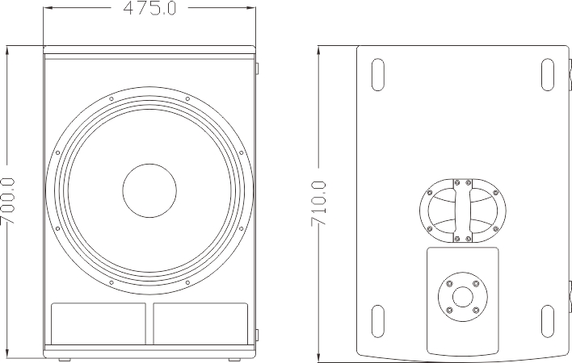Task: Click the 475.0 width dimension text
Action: [x=149, y=9]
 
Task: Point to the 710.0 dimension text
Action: [x=319, y=202]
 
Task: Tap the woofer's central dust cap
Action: [x=149, y=191]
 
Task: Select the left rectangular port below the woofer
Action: [x=99, y=322]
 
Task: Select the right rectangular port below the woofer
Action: [x=200, y=322]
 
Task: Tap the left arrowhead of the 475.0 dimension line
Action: [x=47, y=9]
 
